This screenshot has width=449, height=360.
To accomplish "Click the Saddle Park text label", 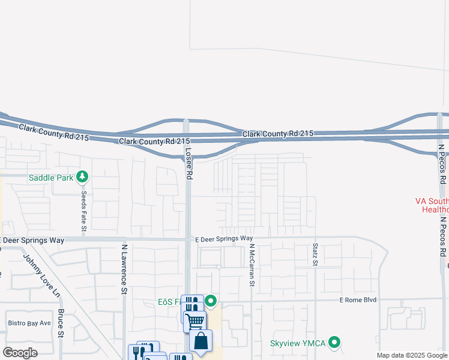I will [x=56, y=177].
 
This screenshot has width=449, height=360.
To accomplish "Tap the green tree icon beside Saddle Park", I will [x=83, y=177].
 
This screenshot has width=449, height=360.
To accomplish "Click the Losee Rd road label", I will [x=188, y=164].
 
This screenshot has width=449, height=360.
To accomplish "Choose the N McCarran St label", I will [x=253, y=265].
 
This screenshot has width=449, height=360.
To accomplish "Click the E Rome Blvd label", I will [x=357, y=300].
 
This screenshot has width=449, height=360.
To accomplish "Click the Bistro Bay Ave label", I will [x=29, y=323].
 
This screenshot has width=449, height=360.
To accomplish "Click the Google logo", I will [x=20, y=353].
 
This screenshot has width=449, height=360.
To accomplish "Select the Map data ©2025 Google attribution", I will [x=412, y=355].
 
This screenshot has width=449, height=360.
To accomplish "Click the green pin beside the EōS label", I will [x=211, y=301].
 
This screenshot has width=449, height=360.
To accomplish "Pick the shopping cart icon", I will [x=195, y=321].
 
